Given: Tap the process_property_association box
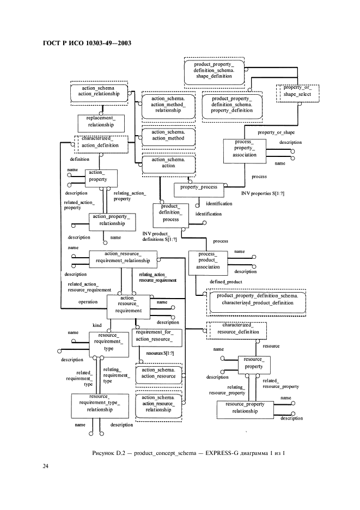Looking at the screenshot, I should (x=245, y=150).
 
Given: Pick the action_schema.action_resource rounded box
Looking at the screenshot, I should (x=158, y=373).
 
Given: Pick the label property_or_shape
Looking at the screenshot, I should (x=276, y=132).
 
